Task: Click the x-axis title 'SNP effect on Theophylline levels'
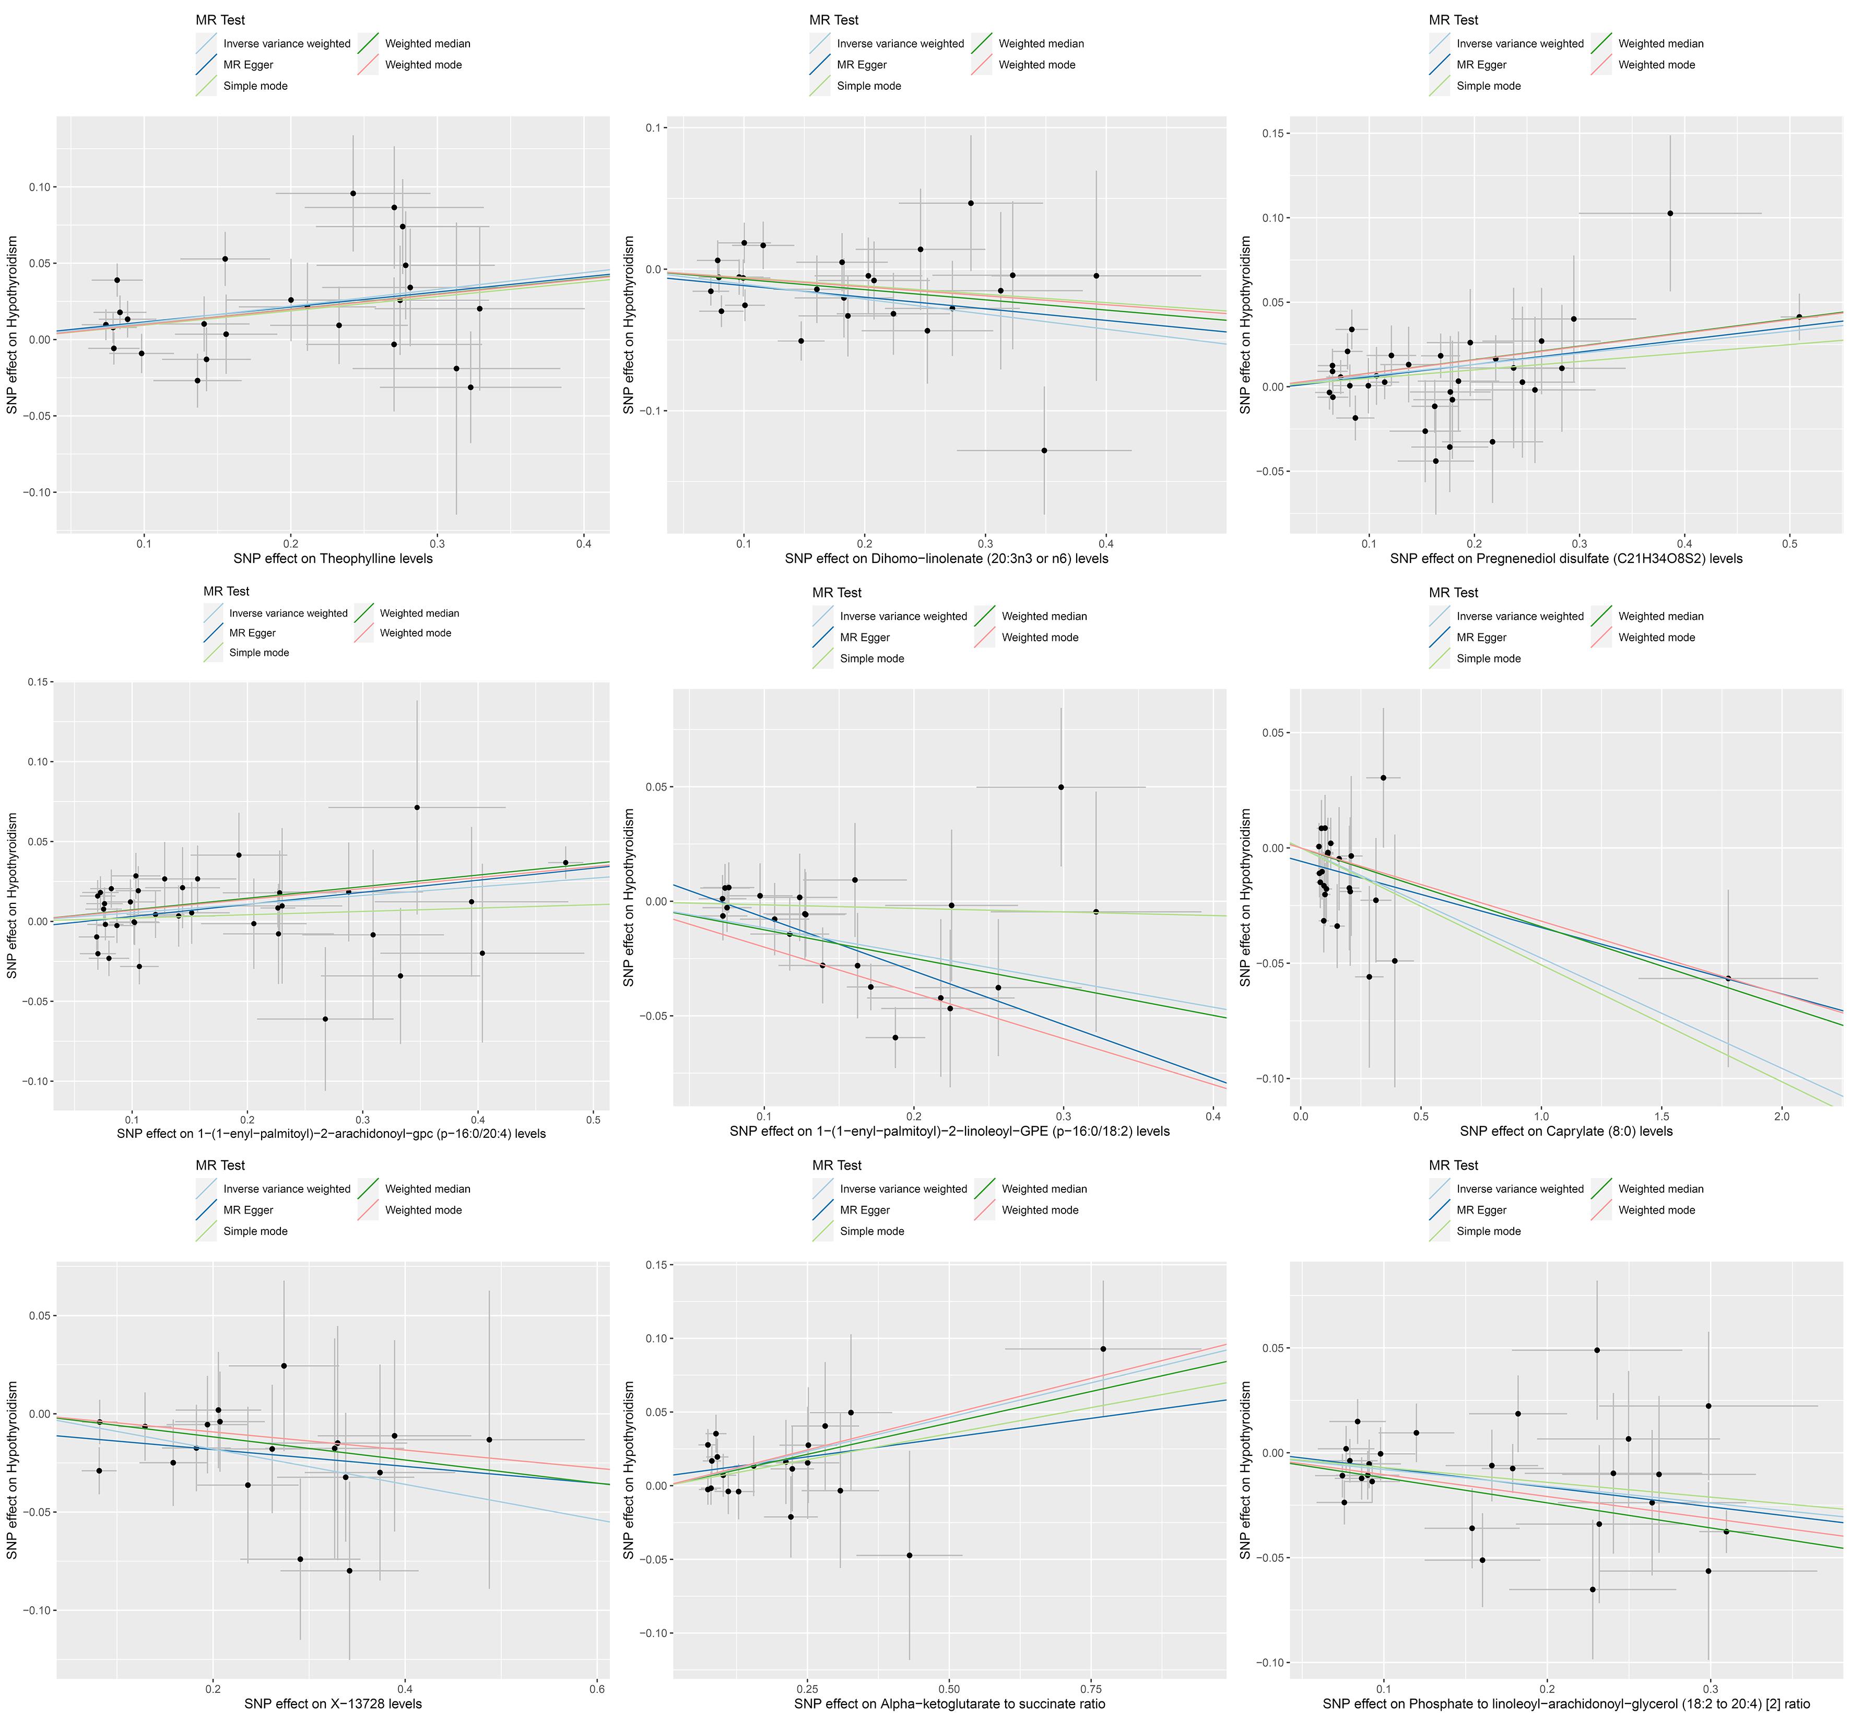click(332, 559)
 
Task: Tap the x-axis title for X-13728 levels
click(333, 1704)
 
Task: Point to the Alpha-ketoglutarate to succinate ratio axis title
click(949, 1704)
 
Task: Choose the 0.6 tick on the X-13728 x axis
click(597, 1688)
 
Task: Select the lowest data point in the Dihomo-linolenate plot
click(1044, 450)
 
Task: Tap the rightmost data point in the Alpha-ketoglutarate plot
click(1103, 1349)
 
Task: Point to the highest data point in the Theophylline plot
click(353, 193)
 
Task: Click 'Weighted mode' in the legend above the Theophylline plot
click(423, 65)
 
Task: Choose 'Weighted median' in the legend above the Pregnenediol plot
click(1660, 44)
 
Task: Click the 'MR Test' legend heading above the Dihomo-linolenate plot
click(834, 19)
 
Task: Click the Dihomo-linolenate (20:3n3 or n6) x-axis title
click(946, 559)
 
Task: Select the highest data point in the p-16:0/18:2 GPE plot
click(1060, 787)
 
